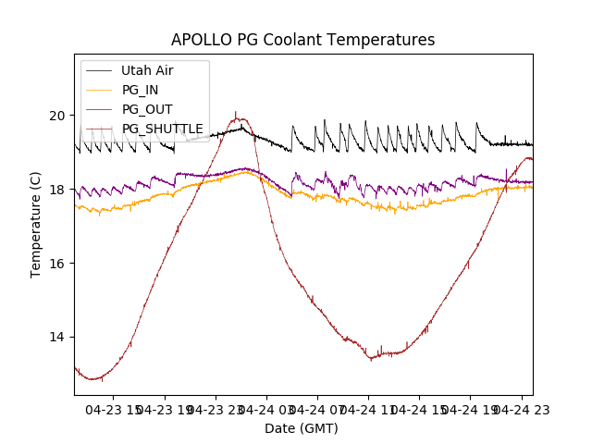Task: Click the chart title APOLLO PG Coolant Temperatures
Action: [x=302, y=40]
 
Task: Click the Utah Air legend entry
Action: [x=147, y=70]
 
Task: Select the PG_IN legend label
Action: [x=140, y=90]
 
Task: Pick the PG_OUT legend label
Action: [x=146, y=109]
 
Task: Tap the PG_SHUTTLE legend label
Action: [x=162, y=129]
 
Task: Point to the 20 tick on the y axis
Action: [x=58, y=116]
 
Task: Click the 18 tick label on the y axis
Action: [x=58, y=190]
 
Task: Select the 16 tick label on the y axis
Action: [x=58, y=264]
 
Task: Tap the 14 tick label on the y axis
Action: [x=58, y=337]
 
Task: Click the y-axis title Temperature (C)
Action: [x=37, y=225]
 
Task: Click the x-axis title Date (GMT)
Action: [x=302, y=428]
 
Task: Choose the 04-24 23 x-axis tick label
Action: [x=521, y=408]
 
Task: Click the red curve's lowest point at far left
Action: [x=92, y=379]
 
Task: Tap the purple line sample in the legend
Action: [x=97, y=109]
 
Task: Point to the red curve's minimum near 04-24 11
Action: [x=372, y=358]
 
